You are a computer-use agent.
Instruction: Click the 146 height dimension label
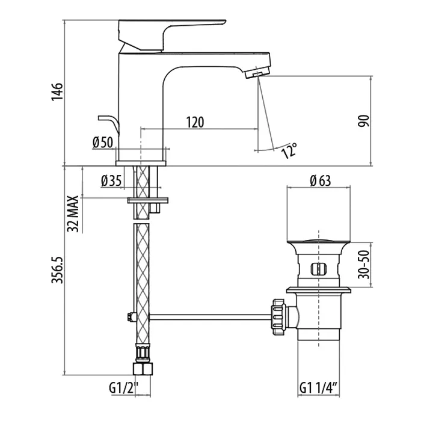(x=57, y=91)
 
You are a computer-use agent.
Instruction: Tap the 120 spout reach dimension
(x=195, y=122)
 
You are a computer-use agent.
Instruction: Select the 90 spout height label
(x=363, y=121)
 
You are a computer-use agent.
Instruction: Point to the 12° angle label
(x=289, y=150)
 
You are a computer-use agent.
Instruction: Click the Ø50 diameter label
(x=103, y=143)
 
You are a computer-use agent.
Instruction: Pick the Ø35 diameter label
(x=111, y=180)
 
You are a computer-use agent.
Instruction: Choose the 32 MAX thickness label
(x=73, y=214)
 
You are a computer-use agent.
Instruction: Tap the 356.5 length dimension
(x=57, y=270)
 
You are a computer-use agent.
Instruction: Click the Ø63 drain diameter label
(x=321, y=180)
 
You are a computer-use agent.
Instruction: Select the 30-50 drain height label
(x=364, y=264)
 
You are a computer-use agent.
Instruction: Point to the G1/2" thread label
(x=123, y=389)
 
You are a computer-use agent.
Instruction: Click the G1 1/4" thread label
(x=319, y=389)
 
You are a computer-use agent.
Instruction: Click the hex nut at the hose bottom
(x=143, y=369)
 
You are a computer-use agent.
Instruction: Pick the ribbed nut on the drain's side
(x=279, y=317)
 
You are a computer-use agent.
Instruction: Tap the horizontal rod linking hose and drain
(x=210, y=317)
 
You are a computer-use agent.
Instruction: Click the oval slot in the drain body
(x=318, y=269)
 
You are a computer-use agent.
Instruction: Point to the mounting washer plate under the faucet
(x=148, y=200)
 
